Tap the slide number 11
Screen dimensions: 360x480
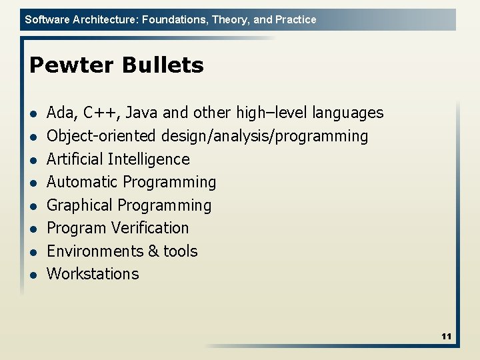446,337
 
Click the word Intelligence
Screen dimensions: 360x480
149,159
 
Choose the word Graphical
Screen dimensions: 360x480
80,205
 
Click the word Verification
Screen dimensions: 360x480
153,228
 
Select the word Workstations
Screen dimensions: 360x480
93,274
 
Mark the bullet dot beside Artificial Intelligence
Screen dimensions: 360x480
32,160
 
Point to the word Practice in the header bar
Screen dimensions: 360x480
295,19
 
